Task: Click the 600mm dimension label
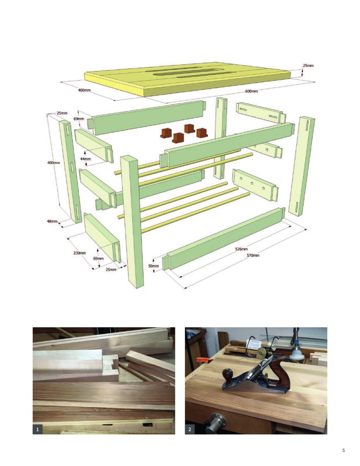252,91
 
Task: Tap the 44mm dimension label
85,159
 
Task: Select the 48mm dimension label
52,221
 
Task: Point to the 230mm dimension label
79,253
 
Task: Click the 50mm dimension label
153,266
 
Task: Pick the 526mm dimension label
241,249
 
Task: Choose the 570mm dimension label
253,255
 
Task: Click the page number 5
343,450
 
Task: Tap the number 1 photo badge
37,429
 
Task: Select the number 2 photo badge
190,429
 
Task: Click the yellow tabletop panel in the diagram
187,78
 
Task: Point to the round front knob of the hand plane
229,373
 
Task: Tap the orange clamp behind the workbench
202,360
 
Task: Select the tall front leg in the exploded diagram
132,221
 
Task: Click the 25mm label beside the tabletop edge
308,65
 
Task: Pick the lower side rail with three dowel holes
256,185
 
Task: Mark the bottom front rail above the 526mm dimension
224,239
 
